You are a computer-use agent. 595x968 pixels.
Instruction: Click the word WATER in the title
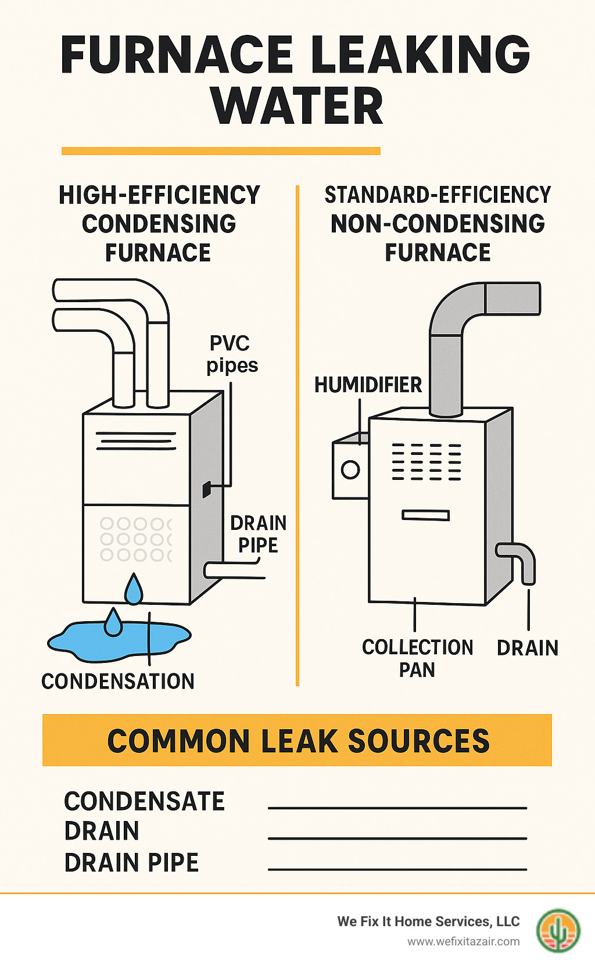pos(297,106)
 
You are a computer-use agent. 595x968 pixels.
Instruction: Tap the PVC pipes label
pos(231,354)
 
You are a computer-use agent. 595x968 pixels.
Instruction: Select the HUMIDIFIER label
pos(368,385)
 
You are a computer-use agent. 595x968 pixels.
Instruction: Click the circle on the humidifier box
pos(350,469)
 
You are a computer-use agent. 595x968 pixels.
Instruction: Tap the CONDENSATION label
pos(118,681)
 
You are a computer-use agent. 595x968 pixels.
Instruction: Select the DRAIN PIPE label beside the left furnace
pos(258,534)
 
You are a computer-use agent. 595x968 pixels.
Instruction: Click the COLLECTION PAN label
pos(417,658)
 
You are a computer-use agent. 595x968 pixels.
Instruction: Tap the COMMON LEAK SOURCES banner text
pos(298,741)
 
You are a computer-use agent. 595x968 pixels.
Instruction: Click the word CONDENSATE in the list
pos(144,802)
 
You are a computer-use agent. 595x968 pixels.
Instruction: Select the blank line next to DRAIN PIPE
pos(397,869)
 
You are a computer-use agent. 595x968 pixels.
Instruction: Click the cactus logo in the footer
pos(558,930)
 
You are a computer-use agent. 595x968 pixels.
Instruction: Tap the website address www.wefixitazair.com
pos(463,941)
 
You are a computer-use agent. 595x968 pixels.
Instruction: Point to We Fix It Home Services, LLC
pos(428,922)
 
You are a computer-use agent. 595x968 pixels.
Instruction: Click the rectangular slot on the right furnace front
pos(426,515)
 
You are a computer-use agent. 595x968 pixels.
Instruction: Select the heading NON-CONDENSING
pos(438,224)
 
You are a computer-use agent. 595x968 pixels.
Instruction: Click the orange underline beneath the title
pos(221,151)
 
